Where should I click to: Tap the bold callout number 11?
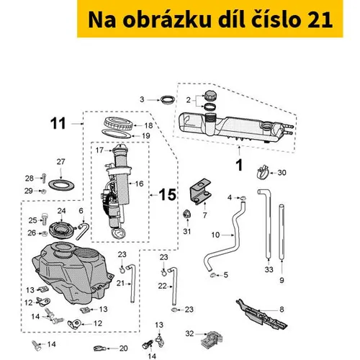click(58, 124)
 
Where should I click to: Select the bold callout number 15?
click(168, 194)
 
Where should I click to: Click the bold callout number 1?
click(239, 166)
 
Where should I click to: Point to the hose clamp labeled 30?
click(263, 172)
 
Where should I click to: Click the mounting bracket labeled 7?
click(200, 192)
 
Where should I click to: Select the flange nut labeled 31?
click(186, 214)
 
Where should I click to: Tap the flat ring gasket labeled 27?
click(61, 185)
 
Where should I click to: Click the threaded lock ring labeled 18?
click(118, 125)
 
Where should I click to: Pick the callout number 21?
click(120, 284)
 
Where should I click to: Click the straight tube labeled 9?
click(282, 232)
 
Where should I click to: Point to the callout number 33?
click(269, 269)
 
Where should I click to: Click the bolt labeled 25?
click(44, 219)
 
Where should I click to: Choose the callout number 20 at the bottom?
click(123, 348)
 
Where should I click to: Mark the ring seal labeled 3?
click(168, 99)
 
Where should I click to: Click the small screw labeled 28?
click(44, 178)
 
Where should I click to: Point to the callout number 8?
click(282, 310)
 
